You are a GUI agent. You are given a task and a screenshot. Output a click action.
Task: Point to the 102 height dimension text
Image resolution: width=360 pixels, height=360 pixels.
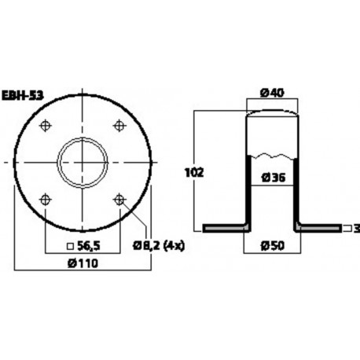pyautogui.click(x=186, y=171)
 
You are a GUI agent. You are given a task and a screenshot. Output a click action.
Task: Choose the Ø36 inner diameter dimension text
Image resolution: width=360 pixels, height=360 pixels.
pyautogui.click(x=273, y=177)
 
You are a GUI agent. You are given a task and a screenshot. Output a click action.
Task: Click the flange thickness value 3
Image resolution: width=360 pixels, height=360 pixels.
pyautogui.click(x=355, y=228)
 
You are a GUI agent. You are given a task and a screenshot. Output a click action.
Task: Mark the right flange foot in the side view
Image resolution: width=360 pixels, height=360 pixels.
pyautogui.click(x=317, y=228)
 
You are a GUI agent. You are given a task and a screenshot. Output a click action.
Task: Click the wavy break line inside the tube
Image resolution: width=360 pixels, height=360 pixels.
pyautogui.click(x=273, y=150)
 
